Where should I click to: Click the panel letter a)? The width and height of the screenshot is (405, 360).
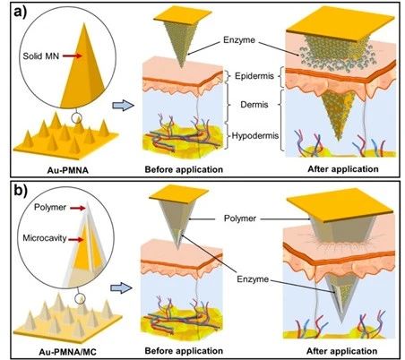pos(20,13)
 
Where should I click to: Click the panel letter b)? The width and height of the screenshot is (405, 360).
pos(21,192)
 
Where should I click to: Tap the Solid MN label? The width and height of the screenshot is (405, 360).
pos(41,56)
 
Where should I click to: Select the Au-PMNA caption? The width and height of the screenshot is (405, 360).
pos(68,170)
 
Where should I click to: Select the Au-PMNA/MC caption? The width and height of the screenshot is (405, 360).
pos(67,352)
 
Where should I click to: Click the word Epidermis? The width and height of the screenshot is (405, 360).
pos(254,76)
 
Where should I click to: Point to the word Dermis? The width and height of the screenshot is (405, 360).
pos(254,105)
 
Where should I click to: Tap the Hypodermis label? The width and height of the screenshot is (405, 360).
pos(255,136)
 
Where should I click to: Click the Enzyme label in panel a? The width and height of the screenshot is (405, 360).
pos(239,39)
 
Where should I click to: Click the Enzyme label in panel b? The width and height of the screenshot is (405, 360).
pos(253,279)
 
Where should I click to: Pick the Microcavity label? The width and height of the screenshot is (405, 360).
pos(45,238)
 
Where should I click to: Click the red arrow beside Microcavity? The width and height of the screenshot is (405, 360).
pos(76,239)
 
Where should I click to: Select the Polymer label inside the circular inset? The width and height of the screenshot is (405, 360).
pos(50,207)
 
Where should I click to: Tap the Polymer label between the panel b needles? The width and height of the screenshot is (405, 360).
pos(240,219)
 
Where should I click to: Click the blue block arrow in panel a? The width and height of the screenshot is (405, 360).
pos(123,106)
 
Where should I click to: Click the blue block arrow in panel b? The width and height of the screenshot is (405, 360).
pos(121,288)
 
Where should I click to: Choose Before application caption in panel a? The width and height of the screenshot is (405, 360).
pos(184,169)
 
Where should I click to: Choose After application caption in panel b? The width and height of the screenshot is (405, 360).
pos(341,351)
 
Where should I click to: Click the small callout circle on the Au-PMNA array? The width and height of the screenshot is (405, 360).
pos(77,118)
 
